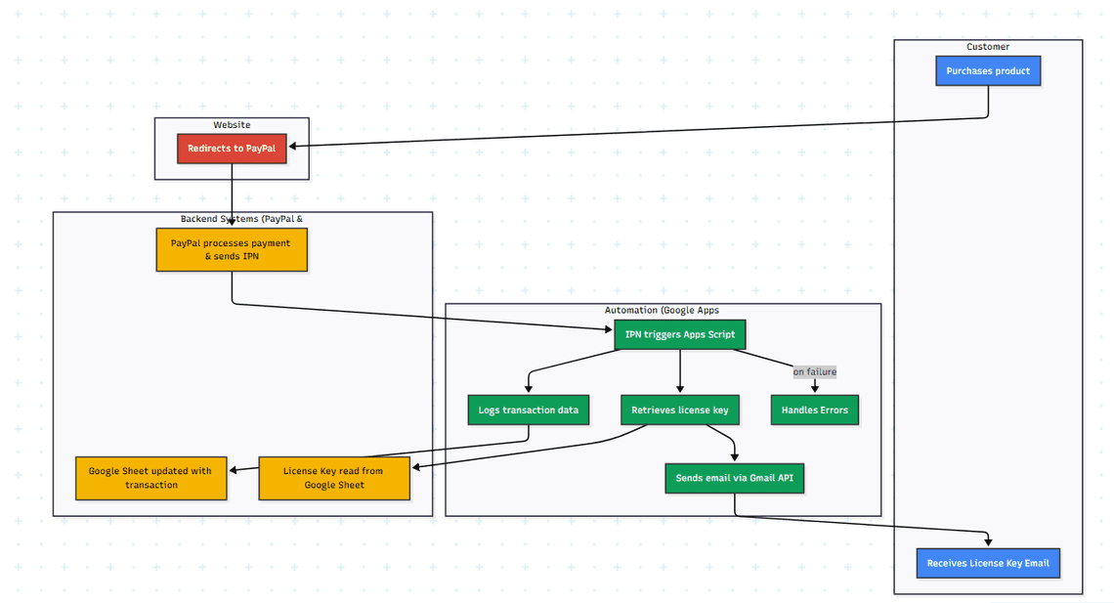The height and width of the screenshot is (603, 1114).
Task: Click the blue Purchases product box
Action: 988,71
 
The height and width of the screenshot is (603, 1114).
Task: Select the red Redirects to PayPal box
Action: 232,149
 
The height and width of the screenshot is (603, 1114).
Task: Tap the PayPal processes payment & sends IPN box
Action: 232,249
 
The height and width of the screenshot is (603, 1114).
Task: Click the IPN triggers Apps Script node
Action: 680,334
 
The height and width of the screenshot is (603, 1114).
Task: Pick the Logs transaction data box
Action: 528,410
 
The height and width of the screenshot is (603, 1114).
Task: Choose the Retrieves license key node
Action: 680,410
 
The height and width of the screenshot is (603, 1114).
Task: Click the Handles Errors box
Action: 815,410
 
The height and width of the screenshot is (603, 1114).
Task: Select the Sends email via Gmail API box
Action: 734,478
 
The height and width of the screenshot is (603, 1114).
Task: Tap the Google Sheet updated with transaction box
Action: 150,478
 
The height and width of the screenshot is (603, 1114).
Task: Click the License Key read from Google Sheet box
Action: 334,478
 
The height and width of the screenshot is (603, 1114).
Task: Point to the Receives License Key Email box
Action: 988,563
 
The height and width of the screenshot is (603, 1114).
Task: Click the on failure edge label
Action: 815,372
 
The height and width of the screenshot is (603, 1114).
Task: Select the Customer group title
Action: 988,47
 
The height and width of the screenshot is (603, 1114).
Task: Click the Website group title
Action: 232,125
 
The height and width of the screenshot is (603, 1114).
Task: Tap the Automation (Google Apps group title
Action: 663,311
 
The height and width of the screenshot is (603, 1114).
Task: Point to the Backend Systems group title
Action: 242,219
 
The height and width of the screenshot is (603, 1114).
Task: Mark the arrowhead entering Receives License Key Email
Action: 988,542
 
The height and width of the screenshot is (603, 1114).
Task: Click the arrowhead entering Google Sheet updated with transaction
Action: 233,470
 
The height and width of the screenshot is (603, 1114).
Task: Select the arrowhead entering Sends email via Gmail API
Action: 734,455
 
